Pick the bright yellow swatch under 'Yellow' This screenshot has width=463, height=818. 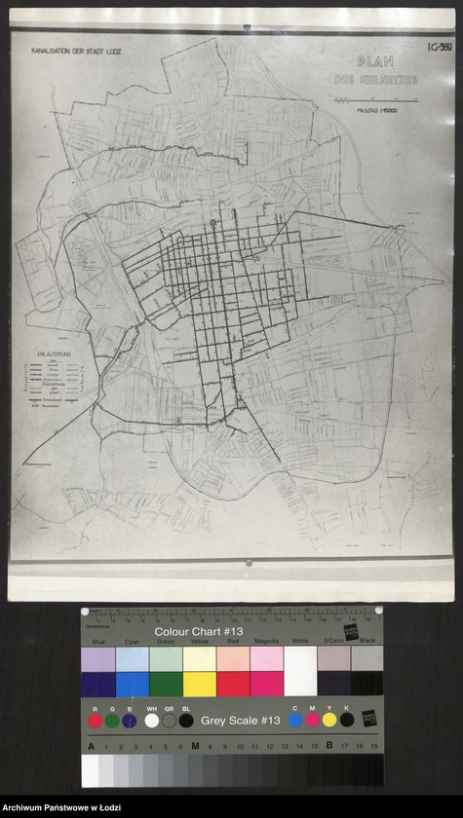tap(199, 684)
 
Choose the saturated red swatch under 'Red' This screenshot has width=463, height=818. tap(233, 684)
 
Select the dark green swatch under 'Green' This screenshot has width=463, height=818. tap(166, 684)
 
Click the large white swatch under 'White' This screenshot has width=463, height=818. tap(299, 671)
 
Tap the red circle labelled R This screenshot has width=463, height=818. tap(96, 722)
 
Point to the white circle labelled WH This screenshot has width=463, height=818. tap(151, 722)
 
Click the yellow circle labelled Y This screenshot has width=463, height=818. tap(329, 721)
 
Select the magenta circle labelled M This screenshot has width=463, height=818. tap(313, 721)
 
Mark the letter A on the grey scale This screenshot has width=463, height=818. tap(92, 747)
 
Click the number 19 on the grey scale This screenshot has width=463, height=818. tap(373, 747)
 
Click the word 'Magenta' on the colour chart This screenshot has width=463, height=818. tap(266, 643)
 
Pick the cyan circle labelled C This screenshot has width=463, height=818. tap(295, 721)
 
